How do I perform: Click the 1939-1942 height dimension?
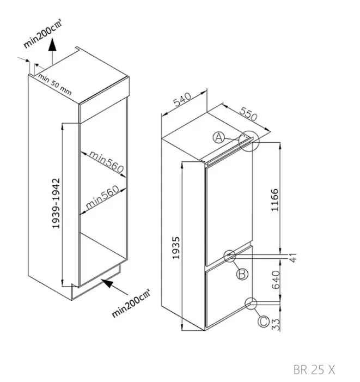coord(56,203)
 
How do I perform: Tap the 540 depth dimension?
coord(182,99)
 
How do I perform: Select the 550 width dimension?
coord(248,114)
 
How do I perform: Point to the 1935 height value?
coord(176,247)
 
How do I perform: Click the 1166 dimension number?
coord(274,200)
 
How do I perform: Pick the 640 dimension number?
coord(276,280)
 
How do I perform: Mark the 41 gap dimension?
coord(293,258)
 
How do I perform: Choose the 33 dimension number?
coord(276,325)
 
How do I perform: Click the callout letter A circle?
coord(219,138)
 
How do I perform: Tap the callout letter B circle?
coord(242,274)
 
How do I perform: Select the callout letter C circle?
coord(264,322)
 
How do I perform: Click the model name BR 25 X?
coord(314,369)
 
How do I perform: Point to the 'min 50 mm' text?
coord(55,84)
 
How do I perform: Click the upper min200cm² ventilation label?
coord(43,33)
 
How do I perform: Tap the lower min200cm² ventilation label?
coord(131,304)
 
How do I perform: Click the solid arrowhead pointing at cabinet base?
coord(107,283)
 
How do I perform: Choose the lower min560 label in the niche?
coord(102,197)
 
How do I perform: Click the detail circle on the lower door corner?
coord(251,304)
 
